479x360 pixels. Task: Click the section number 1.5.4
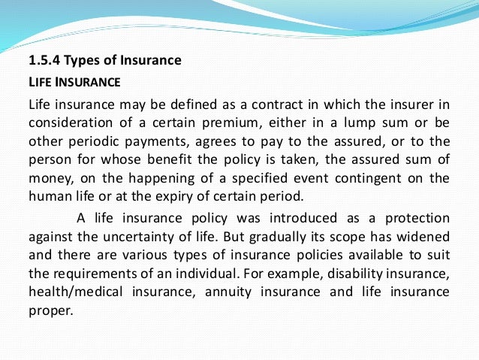pyautogui.click(x=45, y=60)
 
